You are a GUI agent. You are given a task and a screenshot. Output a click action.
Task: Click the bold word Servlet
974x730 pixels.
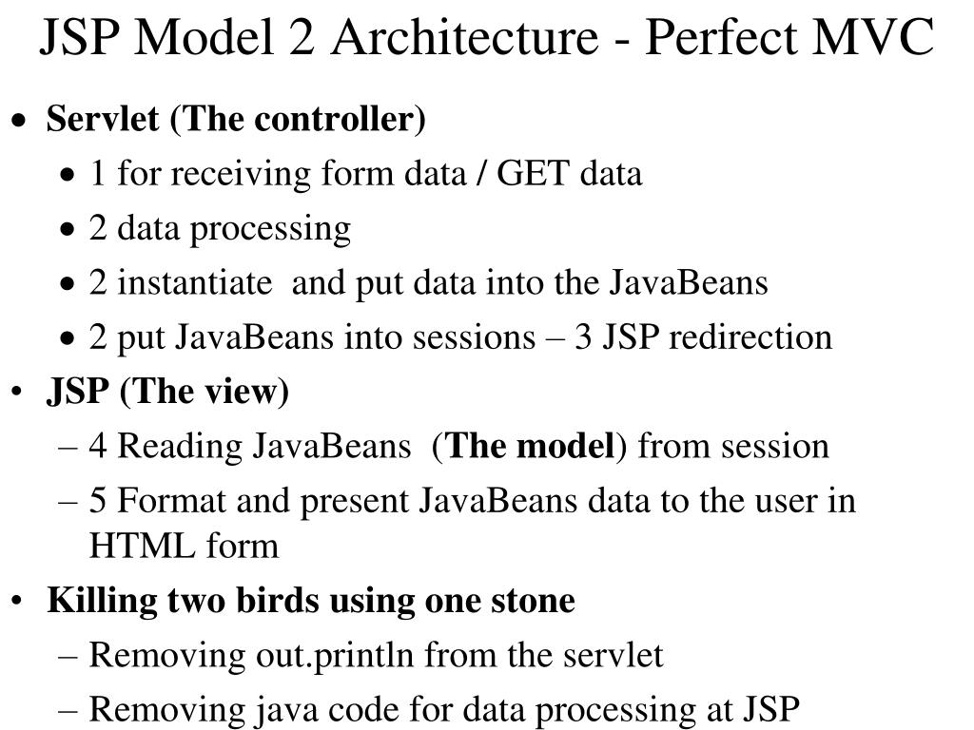pyautogui.click(x=105, y=120)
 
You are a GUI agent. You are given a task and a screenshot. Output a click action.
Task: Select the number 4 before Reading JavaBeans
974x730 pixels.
pyautogui.click(x=97, y=446)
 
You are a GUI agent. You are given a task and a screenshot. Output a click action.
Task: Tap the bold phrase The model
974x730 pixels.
pyautogui.click(x=530, y=446)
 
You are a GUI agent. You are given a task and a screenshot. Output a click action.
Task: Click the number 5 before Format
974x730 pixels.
pyautogui.click(x=97, y=500)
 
